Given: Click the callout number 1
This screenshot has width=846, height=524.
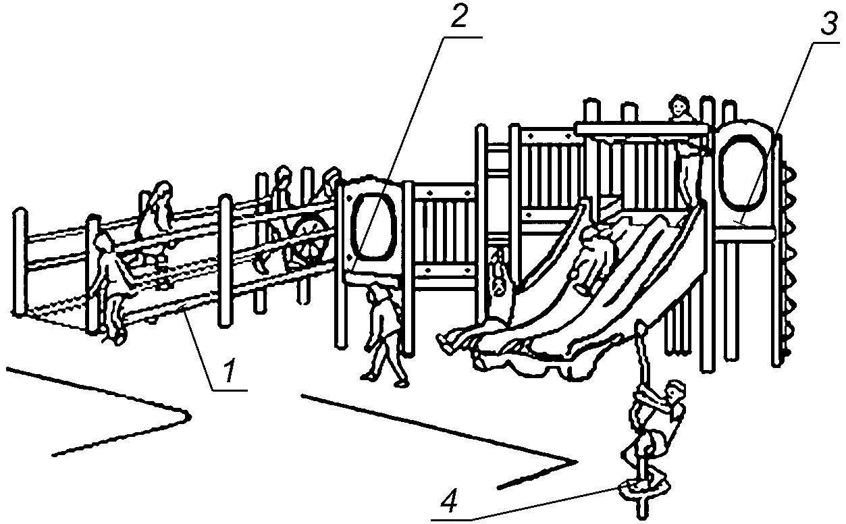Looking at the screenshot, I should [230, 371].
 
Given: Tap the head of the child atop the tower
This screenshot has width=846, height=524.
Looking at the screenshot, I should [679, 107].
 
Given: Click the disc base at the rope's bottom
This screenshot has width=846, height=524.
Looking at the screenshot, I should [641, 488].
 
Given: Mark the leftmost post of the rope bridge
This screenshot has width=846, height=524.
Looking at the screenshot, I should [20, 263].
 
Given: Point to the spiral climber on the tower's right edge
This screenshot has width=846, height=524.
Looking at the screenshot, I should [788, 257].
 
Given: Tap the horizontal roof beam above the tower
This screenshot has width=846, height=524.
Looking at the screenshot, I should [645, 127].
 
